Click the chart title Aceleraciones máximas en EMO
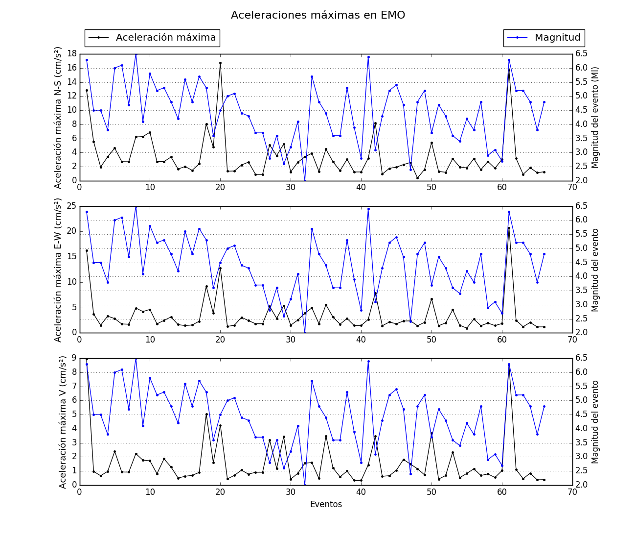pos(318,15)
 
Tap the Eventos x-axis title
pos(326,504)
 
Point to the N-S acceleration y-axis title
pos(58,118)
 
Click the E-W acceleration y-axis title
pos(58,269)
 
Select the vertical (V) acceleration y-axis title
pos(63,422)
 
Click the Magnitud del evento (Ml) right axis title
pos(595,118)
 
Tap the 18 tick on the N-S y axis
pos(71,54)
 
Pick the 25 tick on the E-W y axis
pos(71,206)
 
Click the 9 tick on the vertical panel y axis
pos(73,358)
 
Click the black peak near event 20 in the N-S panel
pos(220,63)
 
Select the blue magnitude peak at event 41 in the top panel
pos(368,57)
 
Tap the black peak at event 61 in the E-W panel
pos(509,228)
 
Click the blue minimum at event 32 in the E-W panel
pos(305,332)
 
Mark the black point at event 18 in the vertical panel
pos(206,414)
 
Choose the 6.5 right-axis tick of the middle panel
pos(581,206)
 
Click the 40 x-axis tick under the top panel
pos(361,187)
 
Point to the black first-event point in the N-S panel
pos(87,90)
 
